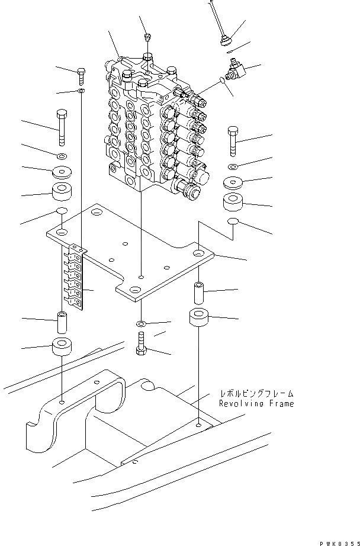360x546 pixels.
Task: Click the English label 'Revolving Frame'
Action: (x=256, y=404)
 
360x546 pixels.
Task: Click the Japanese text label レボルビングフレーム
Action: (x=256, y=393)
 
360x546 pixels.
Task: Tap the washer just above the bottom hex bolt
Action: (x=140, y=325)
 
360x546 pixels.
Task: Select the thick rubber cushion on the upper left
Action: (x=62, y=191)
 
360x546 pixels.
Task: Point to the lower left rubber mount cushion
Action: (x=62, y=346)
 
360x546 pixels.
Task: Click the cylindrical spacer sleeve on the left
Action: (x=62, y=322)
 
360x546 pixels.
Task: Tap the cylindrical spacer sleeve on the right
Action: (x=198, y=292)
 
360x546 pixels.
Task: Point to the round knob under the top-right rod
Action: (x=225, y=40)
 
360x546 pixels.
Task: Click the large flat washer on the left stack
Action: (x=62, y=172)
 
